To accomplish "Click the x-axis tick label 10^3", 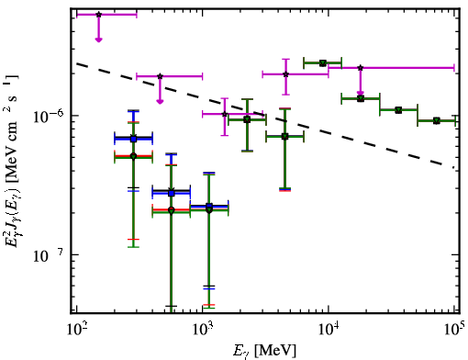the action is point(202,330).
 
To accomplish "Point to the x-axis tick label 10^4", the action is point(328,330).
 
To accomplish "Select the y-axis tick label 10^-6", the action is point(48,116).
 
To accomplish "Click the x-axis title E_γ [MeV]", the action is point(264,351).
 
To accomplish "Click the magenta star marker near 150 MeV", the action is point(98,15).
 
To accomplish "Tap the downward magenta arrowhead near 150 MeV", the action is point(98,39).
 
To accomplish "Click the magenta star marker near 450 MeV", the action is point(160,76).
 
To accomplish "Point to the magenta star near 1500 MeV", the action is point(225,114).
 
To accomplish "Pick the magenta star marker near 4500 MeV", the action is point(285,74).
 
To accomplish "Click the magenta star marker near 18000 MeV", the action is point(361,68).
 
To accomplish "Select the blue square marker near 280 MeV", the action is point(133,139).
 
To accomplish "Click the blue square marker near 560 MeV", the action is point(172,193).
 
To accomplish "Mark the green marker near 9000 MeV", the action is point(322,63).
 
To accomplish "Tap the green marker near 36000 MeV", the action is point(398,110).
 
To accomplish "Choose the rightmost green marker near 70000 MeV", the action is point(437,121).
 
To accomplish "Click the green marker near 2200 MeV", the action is point(247,119).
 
